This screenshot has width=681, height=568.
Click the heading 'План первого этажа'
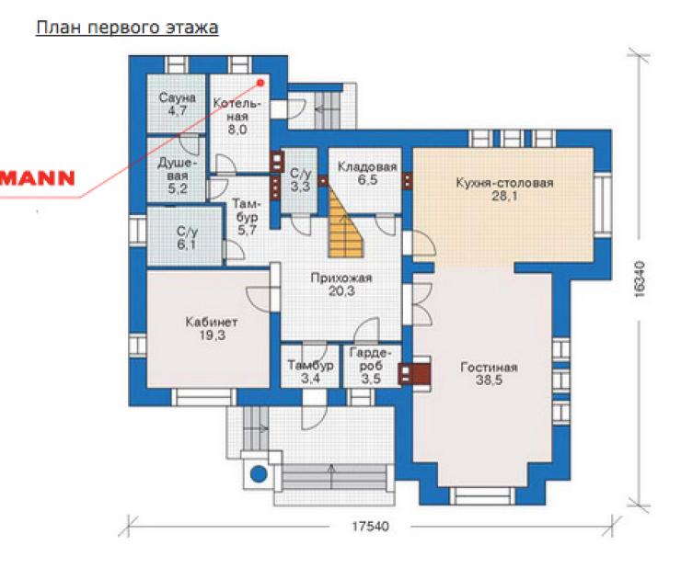click(x=127, y=28)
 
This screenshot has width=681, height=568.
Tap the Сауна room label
click(x=178, y=97)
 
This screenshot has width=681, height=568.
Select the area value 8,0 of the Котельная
click(x=237, y=130)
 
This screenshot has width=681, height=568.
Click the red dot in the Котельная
click(x=260, y=83)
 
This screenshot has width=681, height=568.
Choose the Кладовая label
click(x=367, y=167)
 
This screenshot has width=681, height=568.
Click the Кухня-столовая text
click(x=504, y=183)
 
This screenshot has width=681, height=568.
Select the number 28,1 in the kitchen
click(x=504, y=196)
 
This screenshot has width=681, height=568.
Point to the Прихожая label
click(x=341, y=278)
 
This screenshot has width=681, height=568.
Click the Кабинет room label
click(x=212, y=322)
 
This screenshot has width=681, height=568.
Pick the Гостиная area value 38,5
click(x=489, y=381)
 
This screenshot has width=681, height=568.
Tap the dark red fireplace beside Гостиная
click(x=420, y=374)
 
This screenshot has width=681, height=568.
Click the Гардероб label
click(x=371, y=359)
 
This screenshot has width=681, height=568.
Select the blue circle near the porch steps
click(x=259, y=473)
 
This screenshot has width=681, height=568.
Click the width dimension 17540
click(x=370, y=527)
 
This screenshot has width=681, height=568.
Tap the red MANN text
click(x=38, y=178)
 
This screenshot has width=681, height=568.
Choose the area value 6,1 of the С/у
click(x=186, y=244)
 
